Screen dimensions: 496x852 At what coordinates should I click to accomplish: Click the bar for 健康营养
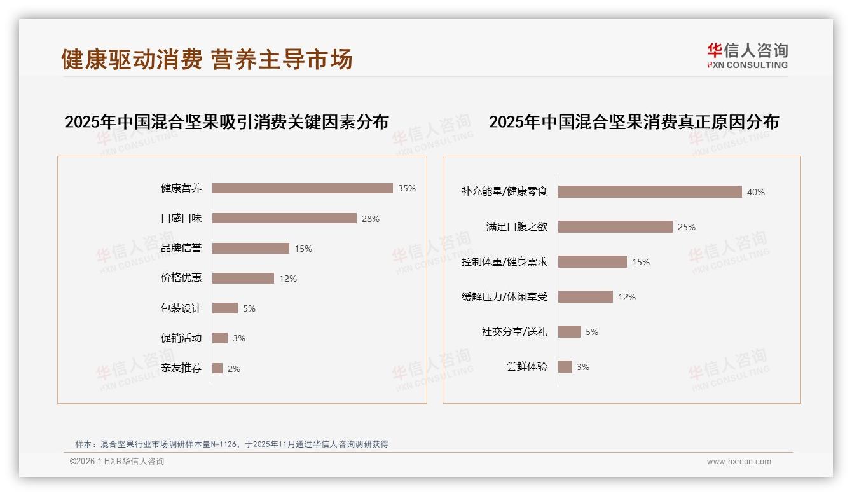tap(302, 188)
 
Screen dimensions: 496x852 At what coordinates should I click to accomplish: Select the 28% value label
tap(370, 219)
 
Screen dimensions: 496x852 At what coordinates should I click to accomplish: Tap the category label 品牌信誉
tap(181, 248)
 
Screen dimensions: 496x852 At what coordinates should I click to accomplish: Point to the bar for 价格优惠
tap(243, 279)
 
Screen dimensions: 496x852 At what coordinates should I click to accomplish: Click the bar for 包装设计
tap(224, 308)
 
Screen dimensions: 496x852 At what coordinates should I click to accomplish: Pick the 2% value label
tap(234, 369)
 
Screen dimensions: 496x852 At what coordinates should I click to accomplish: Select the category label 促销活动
tap(181, 338)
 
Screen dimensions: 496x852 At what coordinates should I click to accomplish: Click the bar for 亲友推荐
tap(217, 368)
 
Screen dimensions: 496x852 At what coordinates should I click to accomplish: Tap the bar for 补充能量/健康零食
tap(650, 192)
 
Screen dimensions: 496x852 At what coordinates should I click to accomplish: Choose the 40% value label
tap(755, 192)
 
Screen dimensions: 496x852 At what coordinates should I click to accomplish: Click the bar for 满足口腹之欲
tap(615, 227)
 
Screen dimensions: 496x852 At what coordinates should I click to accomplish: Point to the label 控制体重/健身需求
tap(504, 262)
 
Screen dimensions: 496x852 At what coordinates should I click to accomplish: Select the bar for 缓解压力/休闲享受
tap(586, 297)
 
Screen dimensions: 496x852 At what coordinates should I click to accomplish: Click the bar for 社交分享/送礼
tap(569, 332)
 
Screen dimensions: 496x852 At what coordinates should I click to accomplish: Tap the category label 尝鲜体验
tap(526, 367)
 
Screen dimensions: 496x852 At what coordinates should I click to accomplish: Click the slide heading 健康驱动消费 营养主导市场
tap(207, 59)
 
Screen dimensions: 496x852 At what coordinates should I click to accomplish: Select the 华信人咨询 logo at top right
tap(747, 55)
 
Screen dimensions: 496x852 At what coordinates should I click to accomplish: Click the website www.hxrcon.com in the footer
tap(739, 462)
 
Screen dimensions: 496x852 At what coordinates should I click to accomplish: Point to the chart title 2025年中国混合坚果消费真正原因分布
tap(633, 122)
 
